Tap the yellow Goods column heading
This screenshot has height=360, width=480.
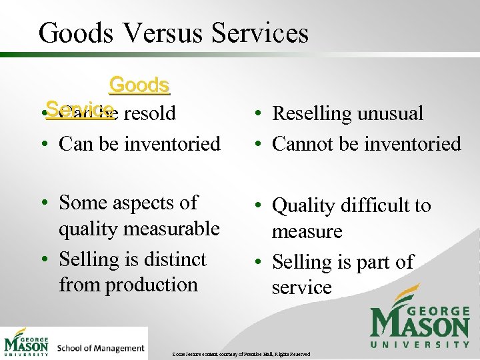pos(139,85)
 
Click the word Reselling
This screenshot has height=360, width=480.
pos(311,114)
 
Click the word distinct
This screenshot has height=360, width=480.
pos(175,259)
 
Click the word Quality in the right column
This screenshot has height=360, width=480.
pos(304,206)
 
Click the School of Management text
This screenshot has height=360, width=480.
pos(101,348)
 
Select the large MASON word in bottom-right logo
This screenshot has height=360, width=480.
pos(420,325)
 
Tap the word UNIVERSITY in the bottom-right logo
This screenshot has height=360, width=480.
pos(420,344)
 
